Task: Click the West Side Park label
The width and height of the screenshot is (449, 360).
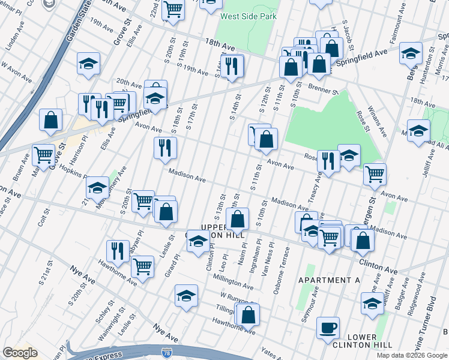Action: click(x=249, y=16)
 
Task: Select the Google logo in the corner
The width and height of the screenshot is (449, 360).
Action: click(x=20, y=353)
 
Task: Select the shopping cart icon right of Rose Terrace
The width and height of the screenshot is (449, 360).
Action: click(x=375, y=174)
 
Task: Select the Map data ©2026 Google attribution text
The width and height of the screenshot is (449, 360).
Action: click(x=411, y=355)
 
